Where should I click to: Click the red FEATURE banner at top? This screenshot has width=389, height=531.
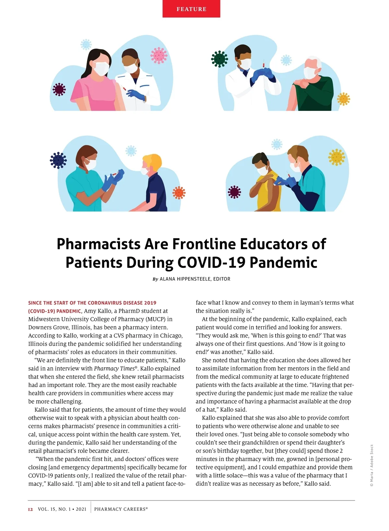(x=191, y=9)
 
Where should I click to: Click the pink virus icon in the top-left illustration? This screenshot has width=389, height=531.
(x=159, y=55)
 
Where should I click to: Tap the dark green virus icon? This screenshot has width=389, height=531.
(x=219, y=59)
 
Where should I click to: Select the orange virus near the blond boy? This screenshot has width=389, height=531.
(x=179, y=193)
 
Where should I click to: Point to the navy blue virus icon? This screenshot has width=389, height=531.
(x=58, y=160)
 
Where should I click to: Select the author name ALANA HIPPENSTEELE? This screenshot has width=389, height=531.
(x=185, y=279)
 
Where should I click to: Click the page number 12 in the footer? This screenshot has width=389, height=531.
(x=30, y=509)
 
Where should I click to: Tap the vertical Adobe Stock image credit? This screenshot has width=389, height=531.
(x=372, y=465)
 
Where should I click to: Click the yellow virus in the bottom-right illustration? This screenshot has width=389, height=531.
(x=337, y=157)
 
